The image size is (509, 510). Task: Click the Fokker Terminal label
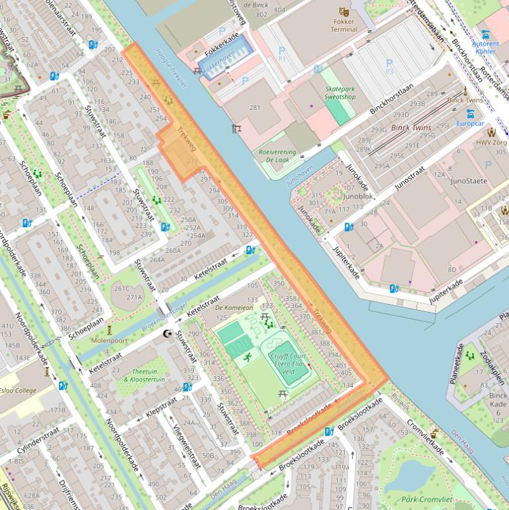coord(344,25)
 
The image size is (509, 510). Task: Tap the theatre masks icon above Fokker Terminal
coord(344,11)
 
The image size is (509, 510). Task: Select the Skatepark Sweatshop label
coord(340,93)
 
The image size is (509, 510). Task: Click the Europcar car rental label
coord(470,123)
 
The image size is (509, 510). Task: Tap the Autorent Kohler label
coord(485,48)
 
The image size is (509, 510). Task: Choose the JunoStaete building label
coord(469,181)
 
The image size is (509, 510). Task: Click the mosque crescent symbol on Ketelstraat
coord(167,334)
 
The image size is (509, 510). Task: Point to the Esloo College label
coord(18,390)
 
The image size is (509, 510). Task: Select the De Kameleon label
coord(234,308)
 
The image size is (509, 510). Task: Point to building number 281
coord(254,107)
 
